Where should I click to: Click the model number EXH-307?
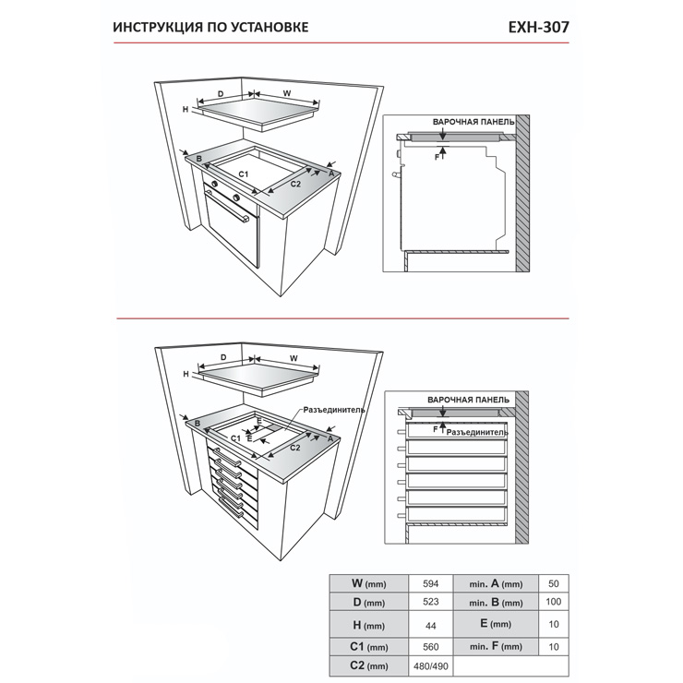point(538,28)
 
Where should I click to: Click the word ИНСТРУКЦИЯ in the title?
point(157,28)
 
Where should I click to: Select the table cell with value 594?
point(430,583)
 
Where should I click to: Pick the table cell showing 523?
point(430,602)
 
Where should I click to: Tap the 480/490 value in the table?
point(430,666)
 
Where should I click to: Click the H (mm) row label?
point(368,625)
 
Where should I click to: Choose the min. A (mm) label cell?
point(496,583)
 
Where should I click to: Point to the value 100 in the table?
point(553,602)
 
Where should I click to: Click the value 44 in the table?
point(430,626)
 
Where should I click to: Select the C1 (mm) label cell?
point(368,647)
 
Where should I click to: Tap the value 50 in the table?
point(553,583)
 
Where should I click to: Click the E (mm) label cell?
point(496,624)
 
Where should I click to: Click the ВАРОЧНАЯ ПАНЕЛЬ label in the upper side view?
point(473,122)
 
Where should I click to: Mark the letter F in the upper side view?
point(437,157)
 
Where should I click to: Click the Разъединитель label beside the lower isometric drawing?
point(334,410)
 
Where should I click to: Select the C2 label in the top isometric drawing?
point(295,184)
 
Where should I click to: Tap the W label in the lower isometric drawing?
point(294,358)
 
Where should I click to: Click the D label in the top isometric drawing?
point(221,94)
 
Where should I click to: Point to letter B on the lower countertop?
point(198,424)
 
